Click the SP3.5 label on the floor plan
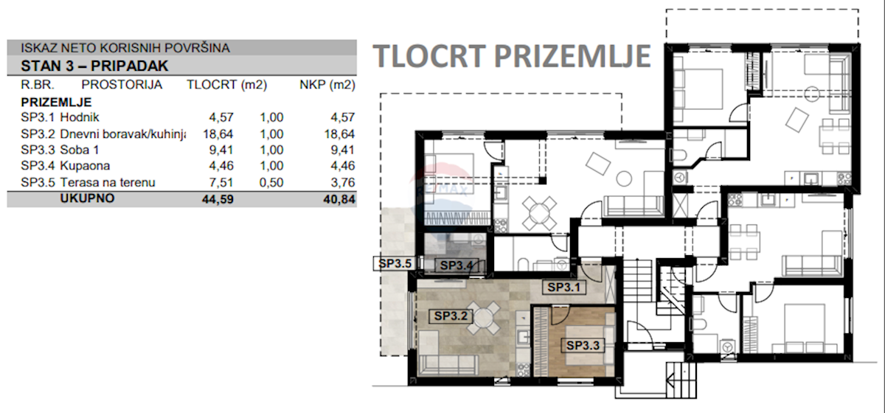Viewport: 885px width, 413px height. (x=395, y=263)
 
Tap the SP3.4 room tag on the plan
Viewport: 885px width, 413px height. (x=457, y=265)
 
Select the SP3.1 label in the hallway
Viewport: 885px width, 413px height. (x=563, y=288)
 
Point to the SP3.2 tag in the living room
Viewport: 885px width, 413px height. (x=451, y=316)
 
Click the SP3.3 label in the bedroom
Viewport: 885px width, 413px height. (x=583, y=345)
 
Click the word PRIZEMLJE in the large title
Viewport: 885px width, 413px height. (x=572, y=56)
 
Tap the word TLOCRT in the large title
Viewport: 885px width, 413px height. (x=429, y=56)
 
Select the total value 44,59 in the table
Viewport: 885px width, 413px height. (x=218, y=199)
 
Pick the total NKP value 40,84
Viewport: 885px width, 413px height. (x=339, y=199)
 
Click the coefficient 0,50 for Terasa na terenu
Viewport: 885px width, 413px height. (x=271, y=182)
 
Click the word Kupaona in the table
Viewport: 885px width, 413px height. (x=85, y=166)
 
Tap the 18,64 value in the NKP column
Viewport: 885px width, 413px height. (x=339, y=134)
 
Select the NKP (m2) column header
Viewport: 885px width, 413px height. (x=327, y=85)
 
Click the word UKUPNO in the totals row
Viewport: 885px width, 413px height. (x=87, y=198)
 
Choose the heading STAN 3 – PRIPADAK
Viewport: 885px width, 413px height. (x=94, y=66)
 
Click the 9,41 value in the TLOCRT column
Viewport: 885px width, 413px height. (x=221, y=150)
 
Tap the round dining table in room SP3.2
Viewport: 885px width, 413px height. (x=482, y=317)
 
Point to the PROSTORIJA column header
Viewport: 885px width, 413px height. (x=122, y=85)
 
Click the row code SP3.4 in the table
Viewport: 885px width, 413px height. (x=38, y=166)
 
